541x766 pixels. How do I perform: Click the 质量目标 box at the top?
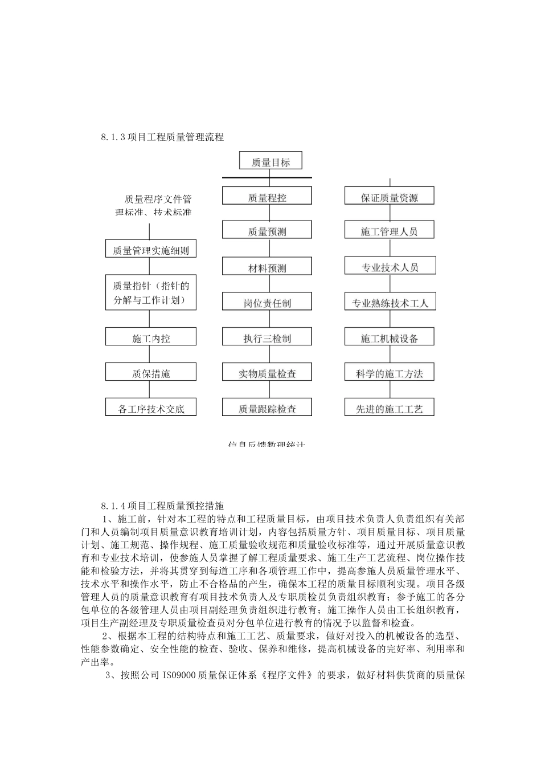pyautogui.click(x=270, y=162)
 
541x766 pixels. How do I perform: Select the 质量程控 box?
pyautogui.click(x=267, y=197)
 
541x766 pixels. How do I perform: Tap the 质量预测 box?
pyautogui.click(x=267, y=231)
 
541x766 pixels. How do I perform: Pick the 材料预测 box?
pyautogui.click(x=267, y=267)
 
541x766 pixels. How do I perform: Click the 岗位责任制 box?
pyautogui.click(x=267, y=303)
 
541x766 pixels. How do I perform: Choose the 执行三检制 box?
pyautogui.click(x=267, y=338)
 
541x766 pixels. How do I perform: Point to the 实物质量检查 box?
pyautogui.click(x=267, y=373)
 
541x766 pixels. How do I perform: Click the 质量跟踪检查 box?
pyautogui.click(x=267, y=408)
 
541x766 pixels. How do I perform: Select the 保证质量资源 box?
pyautogui.click(x=390, y=197)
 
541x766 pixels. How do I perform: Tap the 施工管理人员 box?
pyautogui.click(x=390, y=231)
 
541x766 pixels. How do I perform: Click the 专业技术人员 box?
pyautogui.click(x=390, y=267)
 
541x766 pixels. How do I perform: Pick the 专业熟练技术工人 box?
pyautogui.click(x=390, y=303)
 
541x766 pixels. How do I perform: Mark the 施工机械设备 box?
pyautogui.click(x=390, y=338)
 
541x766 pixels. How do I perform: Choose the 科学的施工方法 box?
pyautogui.click(x=390, y=373)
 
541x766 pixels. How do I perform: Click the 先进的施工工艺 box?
pyautogui.click(x=390, y=408)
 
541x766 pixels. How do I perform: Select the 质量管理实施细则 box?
pyautogui.click(x=151, y=250)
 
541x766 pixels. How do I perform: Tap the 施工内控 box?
pyautogui.click(x=151, y=338)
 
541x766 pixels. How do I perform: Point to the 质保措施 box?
pyautogui.click(x=151, y=373)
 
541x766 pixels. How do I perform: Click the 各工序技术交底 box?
pyautogui.click(x=151, y=408)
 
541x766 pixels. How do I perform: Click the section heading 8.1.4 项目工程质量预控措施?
pyautogui.click(x=163, y=505)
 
